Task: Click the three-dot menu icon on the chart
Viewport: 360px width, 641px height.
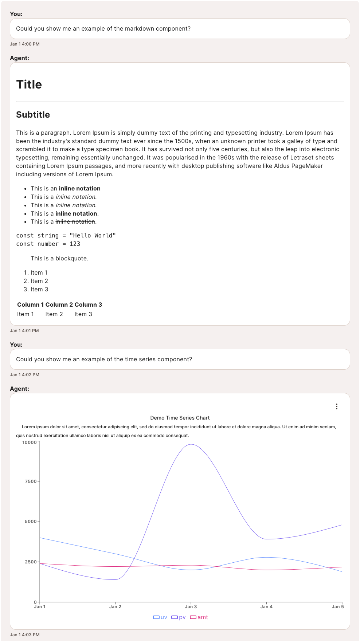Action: click(336, 406)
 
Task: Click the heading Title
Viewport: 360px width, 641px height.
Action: click(29, 84)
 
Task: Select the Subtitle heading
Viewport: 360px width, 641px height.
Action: click(33, 115)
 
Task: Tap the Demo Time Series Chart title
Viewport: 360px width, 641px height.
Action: click(180, 418)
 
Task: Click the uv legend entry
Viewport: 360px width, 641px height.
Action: click(160, 617)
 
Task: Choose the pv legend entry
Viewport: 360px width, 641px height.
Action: click(179, 617)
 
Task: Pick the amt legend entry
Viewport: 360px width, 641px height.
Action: click(199, 617)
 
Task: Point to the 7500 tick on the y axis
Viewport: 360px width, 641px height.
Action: click(31, 481)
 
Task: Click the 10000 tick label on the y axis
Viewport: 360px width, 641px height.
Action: click(30, 443)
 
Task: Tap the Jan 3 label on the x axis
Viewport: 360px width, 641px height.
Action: click(191, 607)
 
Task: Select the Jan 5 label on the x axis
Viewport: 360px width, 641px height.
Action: click(337, 607)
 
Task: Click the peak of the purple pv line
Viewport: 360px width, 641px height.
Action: click(191, 444)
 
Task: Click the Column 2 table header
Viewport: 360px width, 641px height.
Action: click(59, 305)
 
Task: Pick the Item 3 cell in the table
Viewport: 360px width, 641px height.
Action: click(83, 314)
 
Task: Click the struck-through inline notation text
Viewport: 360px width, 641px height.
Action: click(75, 222)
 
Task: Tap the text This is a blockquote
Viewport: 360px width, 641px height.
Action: click(59, 259)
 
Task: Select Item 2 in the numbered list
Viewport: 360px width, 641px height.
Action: click(39, 281)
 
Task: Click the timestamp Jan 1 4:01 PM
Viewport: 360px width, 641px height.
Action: click(24, 331)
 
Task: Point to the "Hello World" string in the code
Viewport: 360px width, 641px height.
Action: click(93, 236)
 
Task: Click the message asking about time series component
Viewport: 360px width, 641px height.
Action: click(104, 359)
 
